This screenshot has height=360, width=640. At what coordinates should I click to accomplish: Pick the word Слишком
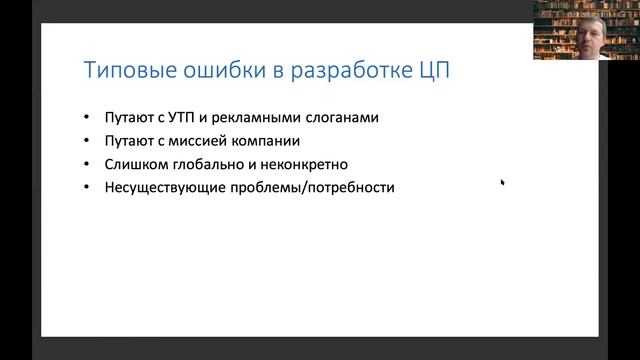point(133,163)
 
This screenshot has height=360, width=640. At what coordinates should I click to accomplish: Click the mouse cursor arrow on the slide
point(502,182)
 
